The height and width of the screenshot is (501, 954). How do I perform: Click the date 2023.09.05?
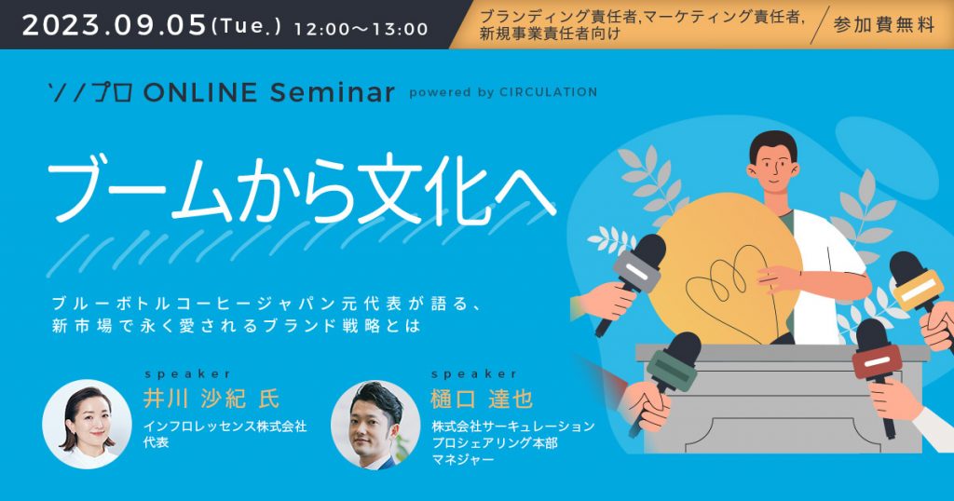(113, 24)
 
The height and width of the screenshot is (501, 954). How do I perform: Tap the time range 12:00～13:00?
(361, 28)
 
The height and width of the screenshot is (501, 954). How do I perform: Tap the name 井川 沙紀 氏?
(211, 399)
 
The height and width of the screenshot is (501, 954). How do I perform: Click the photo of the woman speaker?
(86, 423)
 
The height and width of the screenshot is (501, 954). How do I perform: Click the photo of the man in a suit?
(375, 424)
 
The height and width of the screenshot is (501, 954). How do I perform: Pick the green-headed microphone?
(674, 359)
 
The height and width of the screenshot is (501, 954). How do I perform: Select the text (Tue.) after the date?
(247, 27)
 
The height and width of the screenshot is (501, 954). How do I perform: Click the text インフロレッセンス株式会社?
(225, 426)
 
